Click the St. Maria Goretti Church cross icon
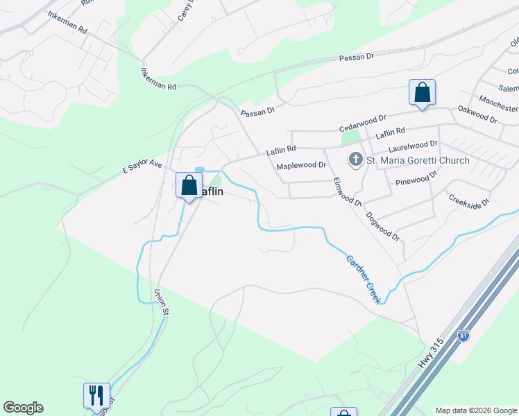[x=355, y=160]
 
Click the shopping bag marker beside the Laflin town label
[x=189, y=185]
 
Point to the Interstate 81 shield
[x=463, y=336]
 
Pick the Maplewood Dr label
[x=301, y=166]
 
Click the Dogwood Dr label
[x=384, y=226]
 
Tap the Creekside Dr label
[x=469, y=201]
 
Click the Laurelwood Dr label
[x=414, y=146]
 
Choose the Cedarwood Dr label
[x=361, y=124]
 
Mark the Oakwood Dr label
[x=478, y=114]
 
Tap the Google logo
[x=23, y=408]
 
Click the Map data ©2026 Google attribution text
[x=476, y=410]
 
